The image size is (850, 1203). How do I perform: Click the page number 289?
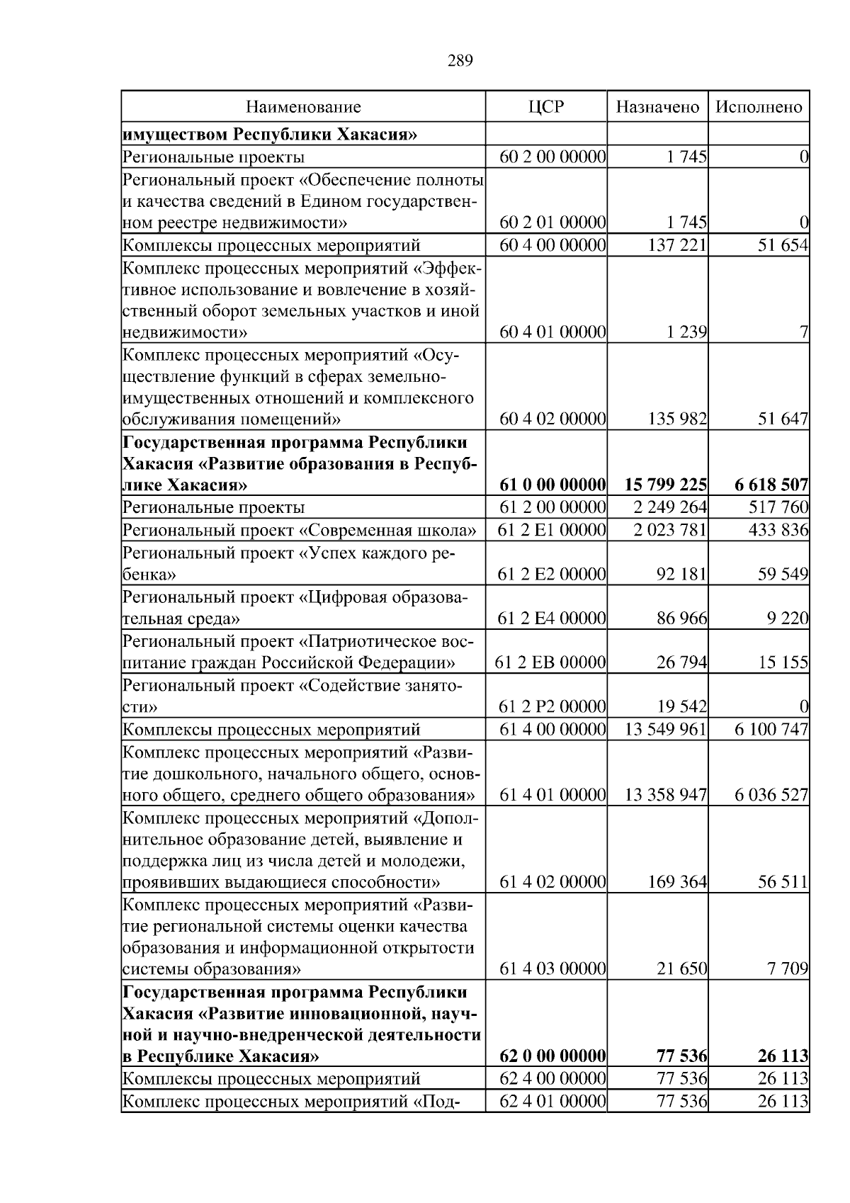[460, 61]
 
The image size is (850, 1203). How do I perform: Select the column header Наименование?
[303, 107]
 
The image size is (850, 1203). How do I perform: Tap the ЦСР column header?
[545, 107]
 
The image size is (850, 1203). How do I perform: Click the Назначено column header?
[657, 107]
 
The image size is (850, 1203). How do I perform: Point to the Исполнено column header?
[759, 107]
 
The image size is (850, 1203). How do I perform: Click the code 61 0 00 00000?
[552, 485]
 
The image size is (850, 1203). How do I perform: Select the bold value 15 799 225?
[665, 485]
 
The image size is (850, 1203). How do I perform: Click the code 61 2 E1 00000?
[552, 530]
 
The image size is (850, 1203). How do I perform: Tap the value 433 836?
[778, 530]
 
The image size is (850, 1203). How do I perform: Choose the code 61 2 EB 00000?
[551, 663]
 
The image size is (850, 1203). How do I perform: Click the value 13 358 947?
[665, 795]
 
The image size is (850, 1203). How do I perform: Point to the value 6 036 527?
[771, 795]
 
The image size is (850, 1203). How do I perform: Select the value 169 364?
[677, 883]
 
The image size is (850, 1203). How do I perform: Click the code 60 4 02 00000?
[552, 419]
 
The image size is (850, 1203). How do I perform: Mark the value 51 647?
[783, 419]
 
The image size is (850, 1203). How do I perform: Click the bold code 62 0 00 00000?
[552, 1056]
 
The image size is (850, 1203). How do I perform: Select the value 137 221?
[677, 245]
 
